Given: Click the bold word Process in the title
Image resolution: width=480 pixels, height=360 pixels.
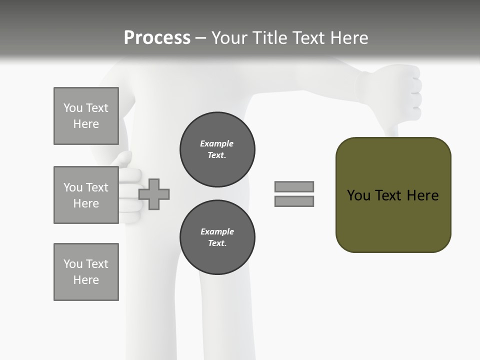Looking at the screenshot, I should click(157, 38).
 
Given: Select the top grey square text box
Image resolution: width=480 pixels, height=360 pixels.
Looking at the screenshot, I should click(86, 116).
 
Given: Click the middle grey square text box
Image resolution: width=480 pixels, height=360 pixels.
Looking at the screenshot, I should click(86, 195).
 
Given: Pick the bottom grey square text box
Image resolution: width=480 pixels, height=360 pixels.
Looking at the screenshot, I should click(86, 272).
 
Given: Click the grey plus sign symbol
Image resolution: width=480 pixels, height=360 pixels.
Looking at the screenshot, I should click(154, 194).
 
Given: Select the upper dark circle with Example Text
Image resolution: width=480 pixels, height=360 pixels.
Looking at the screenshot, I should click(217, 149).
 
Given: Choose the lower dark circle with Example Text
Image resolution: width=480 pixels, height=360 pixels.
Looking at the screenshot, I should click(217, 237).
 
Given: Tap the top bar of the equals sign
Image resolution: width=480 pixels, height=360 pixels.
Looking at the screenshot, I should click(294, 186).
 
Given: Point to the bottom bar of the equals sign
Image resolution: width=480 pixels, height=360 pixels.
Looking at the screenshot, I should click(294, 201).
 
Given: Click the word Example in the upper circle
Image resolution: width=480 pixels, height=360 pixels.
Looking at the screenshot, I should click(216, 143).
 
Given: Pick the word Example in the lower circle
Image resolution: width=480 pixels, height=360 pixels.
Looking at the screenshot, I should click(217, 231).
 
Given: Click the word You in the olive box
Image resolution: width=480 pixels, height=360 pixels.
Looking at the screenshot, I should click(358, 195).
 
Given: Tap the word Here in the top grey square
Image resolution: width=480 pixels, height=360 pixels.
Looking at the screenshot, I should click(86, 124).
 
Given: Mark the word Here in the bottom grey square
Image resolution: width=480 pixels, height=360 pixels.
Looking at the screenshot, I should click(86, 280).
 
